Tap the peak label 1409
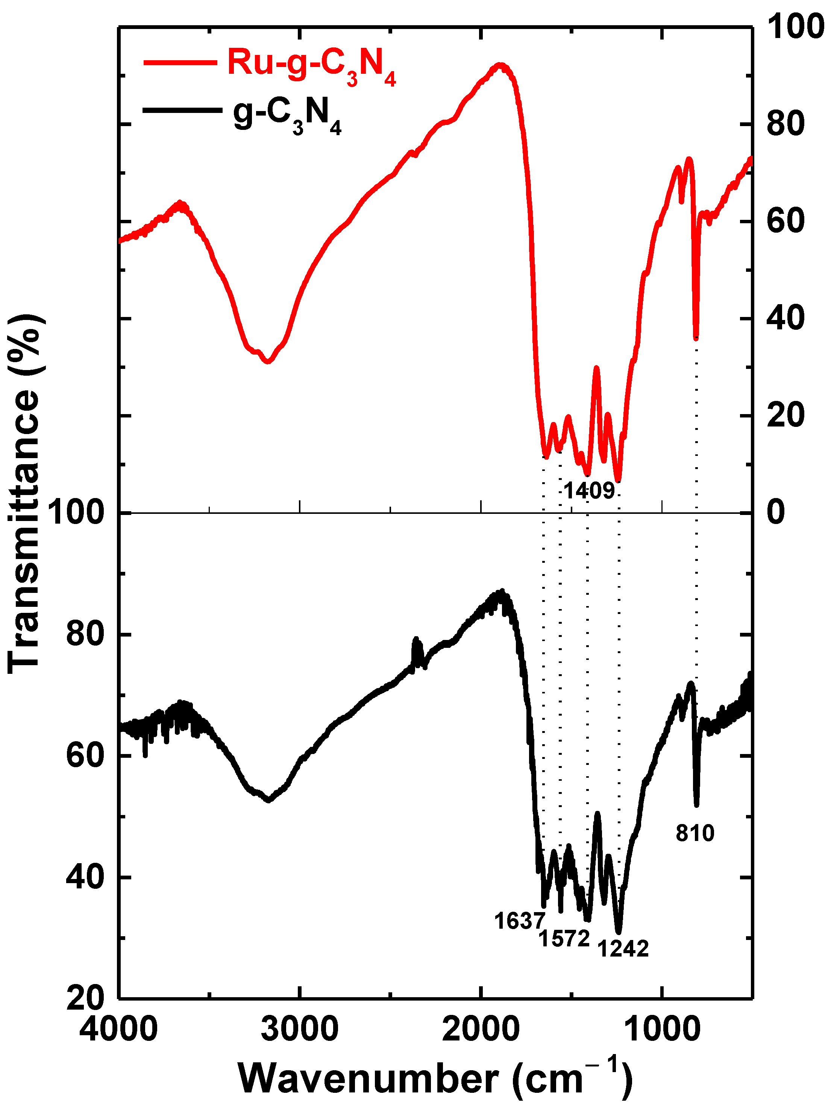pos(589,491)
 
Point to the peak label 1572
pos(564,938)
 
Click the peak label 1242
pos(623,948)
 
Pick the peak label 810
pos(695,833)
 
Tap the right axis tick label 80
pos(785,123)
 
